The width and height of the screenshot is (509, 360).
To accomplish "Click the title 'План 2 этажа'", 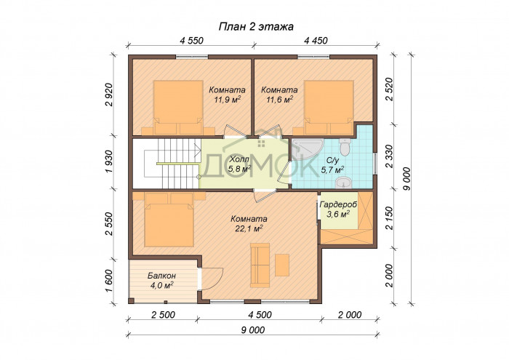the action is coord(256,27).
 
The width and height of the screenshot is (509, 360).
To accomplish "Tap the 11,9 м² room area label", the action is coord(227,95).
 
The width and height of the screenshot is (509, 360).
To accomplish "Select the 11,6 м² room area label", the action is coord(279,95).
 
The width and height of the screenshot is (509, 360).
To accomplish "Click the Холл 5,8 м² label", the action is coord(240,164).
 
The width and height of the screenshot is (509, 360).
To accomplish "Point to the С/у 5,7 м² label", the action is coord(333,164).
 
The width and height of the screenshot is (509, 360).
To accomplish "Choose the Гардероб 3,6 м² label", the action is coord(338,209).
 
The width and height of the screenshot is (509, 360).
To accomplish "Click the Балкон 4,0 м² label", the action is coord(161,280).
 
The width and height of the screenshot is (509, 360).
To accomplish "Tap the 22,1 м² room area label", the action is coord(249,224).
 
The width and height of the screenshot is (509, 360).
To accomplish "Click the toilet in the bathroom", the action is coord(345,147).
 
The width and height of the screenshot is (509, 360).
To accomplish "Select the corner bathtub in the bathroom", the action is coord(305,148).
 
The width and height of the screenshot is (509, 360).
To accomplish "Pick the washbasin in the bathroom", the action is coord(343,183).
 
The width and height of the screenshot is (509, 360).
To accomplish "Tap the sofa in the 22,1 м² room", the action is coord(260,265).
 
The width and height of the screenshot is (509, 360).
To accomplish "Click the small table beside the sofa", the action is coord(282,265).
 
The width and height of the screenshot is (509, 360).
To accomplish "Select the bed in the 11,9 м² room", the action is coord(178,108).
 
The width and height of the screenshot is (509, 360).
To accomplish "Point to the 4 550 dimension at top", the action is coord(191,41).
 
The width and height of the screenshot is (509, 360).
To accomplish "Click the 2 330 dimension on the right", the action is coord(389,156).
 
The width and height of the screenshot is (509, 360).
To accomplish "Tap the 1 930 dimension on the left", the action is coord(109,161).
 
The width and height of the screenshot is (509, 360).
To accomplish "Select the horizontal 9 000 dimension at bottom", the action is coord(253,330).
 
